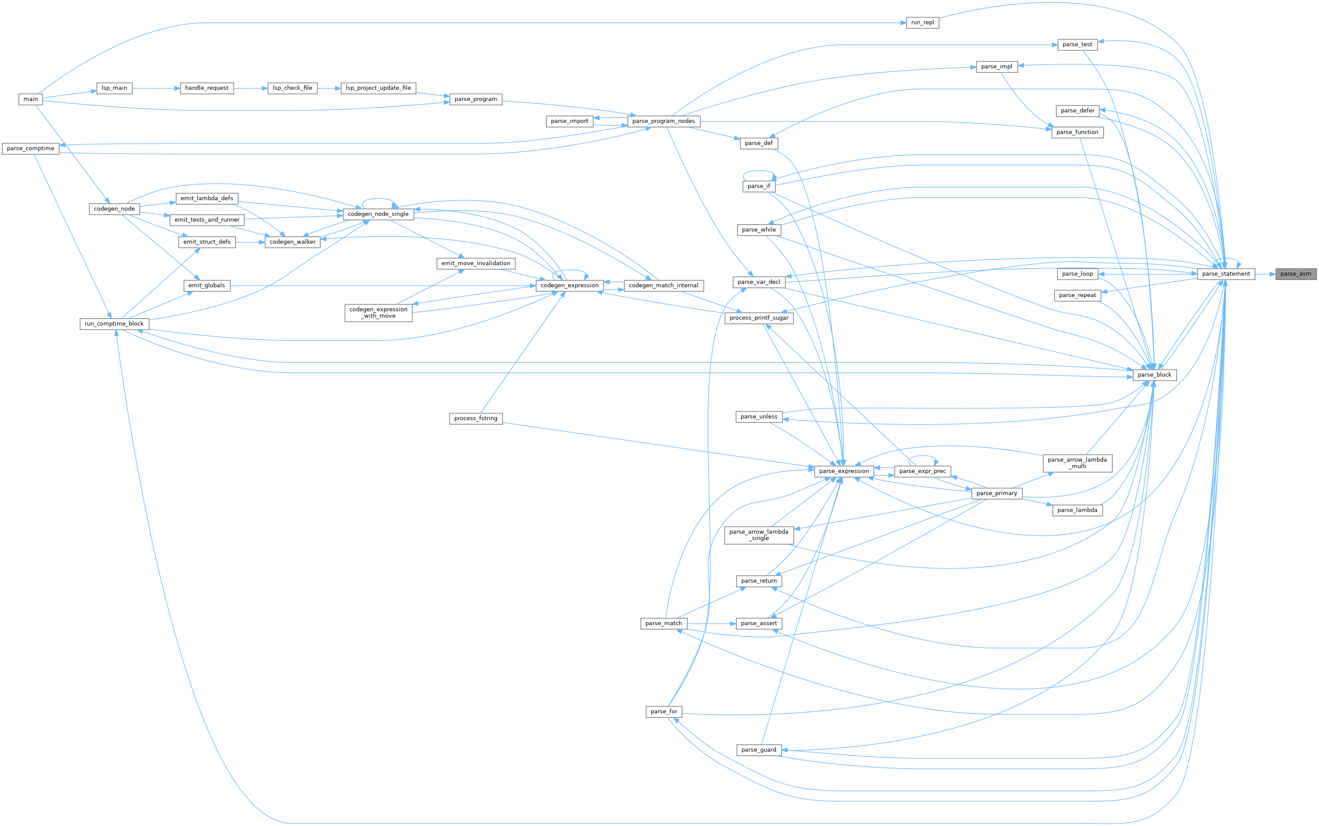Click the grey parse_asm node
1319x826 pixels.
coord(1296,274)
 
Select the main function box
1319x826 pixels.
coord(30,99)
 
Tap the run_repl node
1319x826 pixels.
coord(922,22)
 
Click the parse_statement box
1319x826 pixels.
coord(1225,274)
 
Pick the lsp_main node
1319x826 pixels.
coord(114,88)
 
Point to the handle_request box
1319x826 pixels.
coord(206,88)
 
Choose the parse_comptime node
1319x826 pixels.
coord(30,148)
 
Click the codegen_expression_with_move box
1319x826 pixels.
coord(378,313)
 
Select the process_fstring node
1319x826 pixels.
coord(476,418)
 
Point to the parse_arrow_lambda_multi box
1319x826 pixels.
coord(1077,463)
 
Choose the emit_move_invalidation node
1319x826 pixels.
coord(476,263)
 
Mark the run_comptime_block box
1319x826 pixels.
coord(114,324)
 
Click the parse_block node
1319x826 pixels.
coord(1155,375)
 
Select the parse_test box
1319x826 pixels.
coord(1077,44)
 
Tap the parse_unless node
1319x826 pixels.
coord(759,417)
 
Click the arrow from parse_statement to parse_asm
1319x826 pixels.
coord(1265,274)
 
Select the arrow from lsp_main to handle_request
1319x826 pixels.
coord(156,88)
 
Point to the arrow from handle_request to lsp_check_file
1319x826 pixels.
coord(251,88)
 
